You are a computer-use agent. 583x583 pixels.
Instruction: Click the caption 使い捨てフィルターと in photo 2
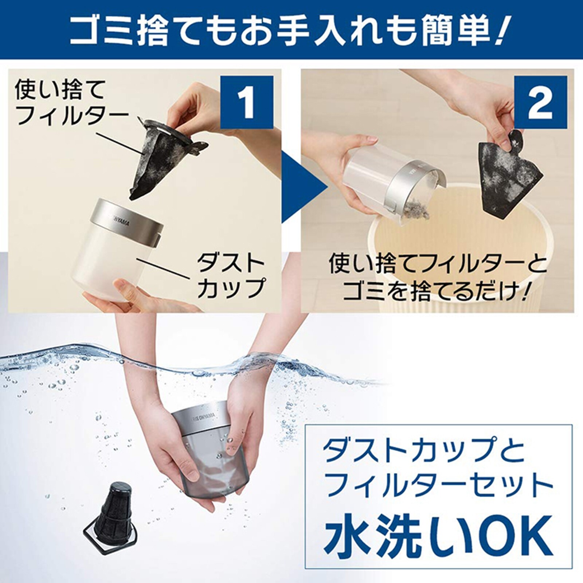[437, 264]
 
